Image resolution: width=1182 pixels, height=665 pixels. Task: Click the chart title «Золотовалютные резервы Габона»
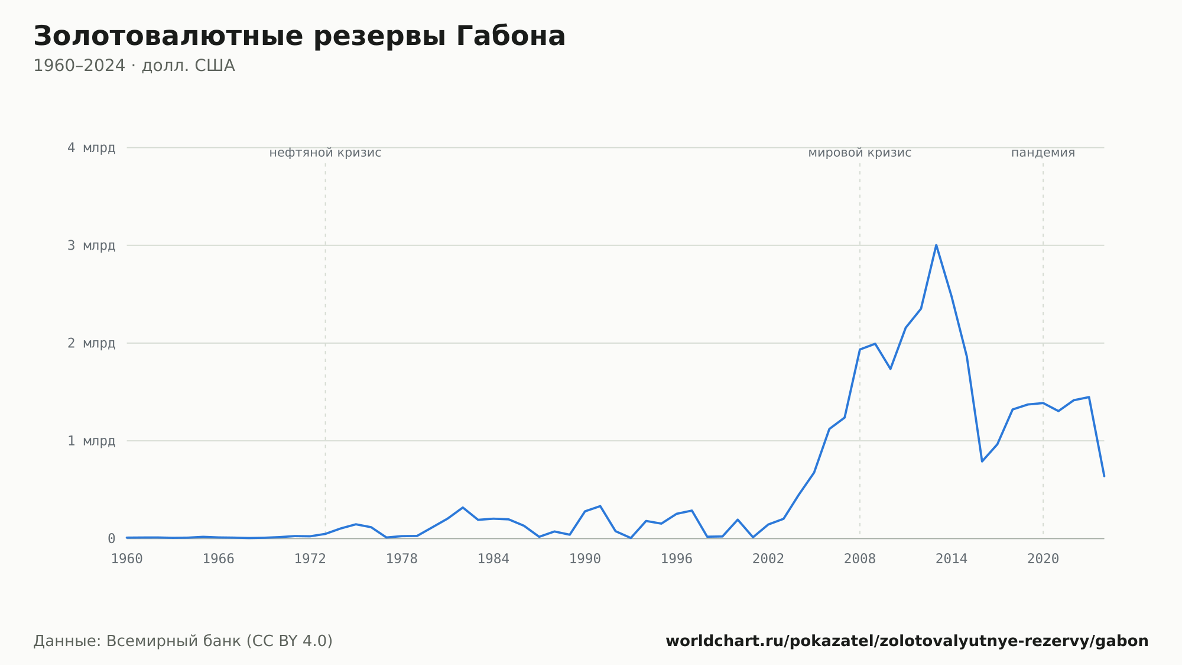click(299, 37)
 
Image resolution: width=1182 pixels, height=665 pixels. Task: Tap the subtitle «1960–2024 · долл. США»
click(134, 66)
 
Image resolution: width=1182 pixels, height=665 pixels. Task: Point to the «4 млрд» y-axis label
click(91, 148)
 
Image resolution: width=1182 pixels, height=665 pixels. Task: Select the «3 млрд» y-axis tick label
click(91, 246)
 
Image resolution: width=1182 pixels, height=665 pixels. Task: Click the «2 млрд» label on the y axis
click(91, 343)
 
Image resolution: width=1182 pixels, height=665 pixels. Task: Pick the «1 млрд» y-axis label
click(91, 441)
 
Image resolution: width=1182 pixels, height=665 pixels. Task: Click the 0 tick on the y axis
click(111, 538)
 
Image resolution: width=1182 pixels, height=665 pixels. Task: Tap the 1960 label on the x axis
click(127, 559)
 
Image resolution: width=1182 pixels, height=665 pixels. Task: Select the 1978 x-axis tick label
click(402, 559)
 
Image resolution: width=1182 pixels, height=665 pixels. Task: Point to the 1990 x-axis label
click(585, 559)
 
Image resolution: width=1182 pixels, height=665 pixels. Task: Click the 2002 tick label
click(768, 559)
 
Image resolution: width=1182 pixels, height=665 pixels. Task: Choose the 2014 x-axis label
click(952, 559)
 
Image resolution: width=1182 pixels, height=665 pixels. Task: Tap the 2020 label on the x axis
click(1043, 559)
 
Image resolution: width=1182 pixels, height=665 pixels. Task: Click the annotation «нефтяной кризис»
click(325, 153)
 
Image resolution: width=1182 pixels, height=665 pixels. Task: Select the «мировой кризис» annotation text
click(860, 153)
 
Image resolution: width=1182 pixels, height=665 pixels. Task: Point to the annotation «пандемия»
click(1043, 153)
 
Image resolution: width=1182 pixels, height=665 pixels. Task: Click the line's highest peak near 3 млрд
click(936, 245)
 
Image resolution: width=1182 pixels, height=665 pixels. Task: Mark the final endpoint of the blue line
click(1104, 476)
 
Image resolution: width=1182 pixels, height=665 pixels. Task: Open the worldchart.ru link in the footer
click(907, 641)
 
